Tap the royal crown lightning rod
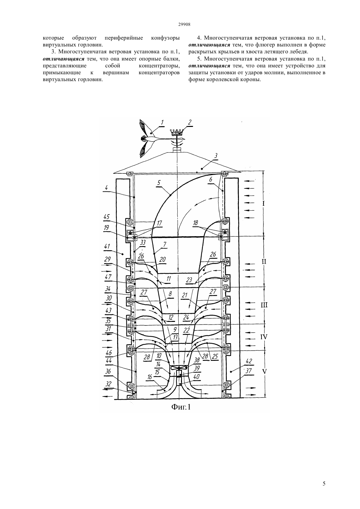click(177, 132)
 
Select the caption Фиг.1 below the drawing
click(181, 407)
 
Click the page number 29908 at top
click(184, 25)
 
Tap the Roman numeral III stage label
click(264, 305)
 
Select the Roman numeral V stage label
click(264, 372)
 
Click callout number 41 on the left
click(107, 246)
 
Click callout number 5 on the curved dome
click(159, 183)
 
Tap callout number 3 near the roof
click(216, 156)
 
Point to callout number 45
click(107, 217)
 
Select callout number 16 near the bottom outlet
click(149, 377)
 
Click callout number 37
click(249, 371)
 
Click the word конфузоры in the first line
click(165, 38)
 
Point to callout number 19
click(106, 228)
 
